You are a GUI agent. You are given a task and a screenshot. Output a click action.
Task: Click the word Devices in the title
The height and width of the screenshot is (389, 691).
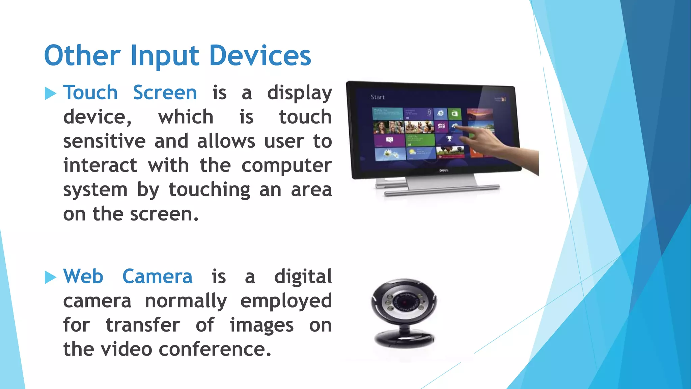[260, 56]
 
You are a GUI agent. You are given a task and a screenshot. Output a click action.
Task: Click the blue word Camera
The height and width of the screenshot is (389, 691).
[157, 277]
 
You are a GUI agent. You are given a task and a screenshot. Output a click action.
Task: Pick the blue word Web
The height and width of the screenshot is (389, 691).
[83, 277]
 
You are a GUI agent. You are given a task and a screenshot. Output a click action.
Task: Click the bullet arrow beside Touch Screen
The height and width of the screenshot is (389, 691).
[50, 94]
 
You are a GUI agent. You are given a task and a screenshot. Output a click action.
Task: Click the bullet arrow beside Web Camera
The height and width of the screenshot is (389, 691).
[50, 277]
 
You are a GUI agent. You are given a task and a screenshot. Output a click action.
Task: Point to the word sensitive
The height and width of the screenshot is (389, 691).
[104, 141]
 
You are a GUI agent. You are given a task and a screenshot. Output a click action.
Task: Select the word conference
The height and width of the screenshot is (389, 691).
[215, 349]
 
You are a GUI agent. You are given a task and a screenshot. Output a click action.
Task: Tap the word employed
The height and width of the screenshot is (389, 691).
[286, 301]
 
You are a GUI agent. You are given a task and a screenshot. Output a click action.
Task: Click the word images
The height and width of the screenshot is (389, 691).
[261, 326]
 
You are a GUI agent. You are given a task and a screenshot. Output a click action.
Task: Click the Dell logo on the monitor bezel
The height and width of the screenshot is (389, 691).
[444, 171]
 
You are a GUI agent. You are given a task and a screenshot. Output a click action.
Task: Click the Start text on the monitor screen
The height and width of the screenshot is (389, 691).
[377, 97]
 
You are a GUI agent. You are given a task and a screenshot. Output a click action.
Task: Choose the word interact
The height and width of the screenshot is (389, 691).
[100, 165]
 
